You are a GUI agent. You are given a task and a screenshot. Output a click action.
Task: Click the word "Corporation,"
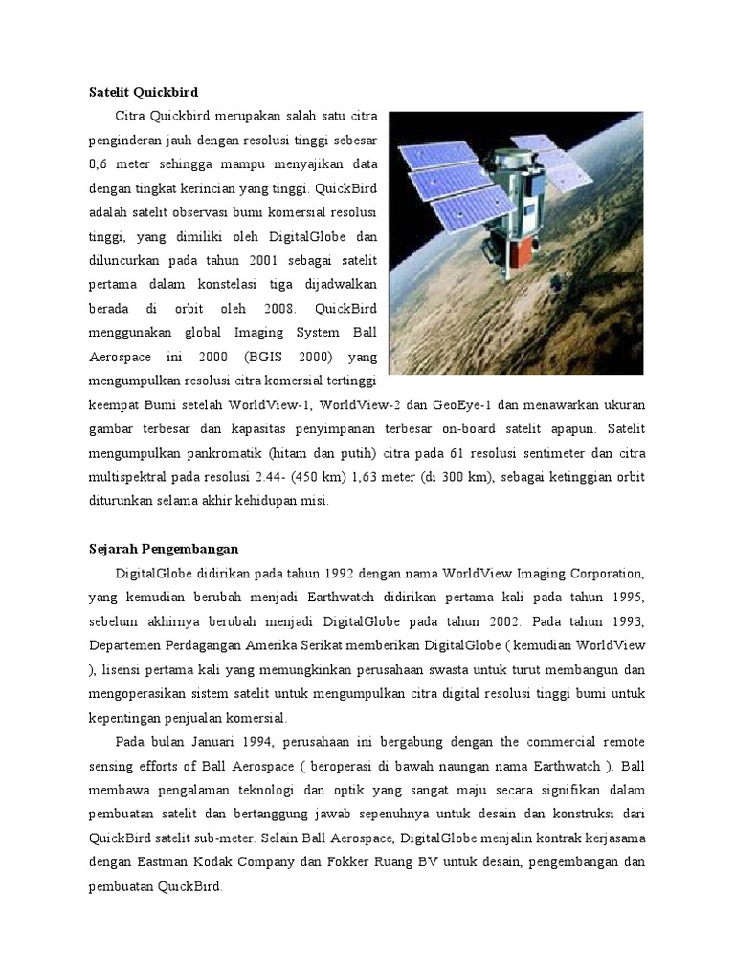tap(598, 574)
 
